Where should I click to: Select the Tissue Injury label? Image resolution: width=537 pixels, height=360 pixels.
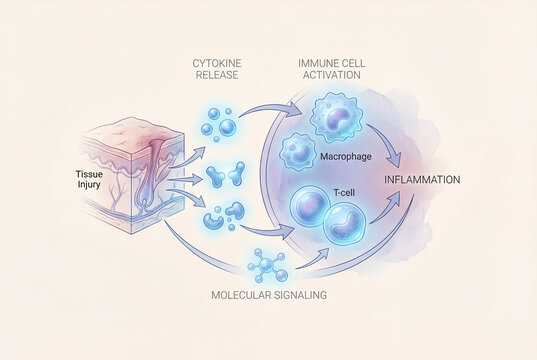[90, 179]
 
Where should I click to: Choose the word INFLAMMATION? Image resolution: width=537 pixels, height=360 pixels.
[423, 180]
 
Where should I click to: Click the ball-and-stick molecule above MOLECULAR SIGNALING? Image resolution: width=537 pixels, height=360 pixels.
[266, 265]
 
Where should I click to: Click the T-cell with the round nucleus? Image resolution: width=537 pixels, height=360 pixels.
[309, 211]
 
